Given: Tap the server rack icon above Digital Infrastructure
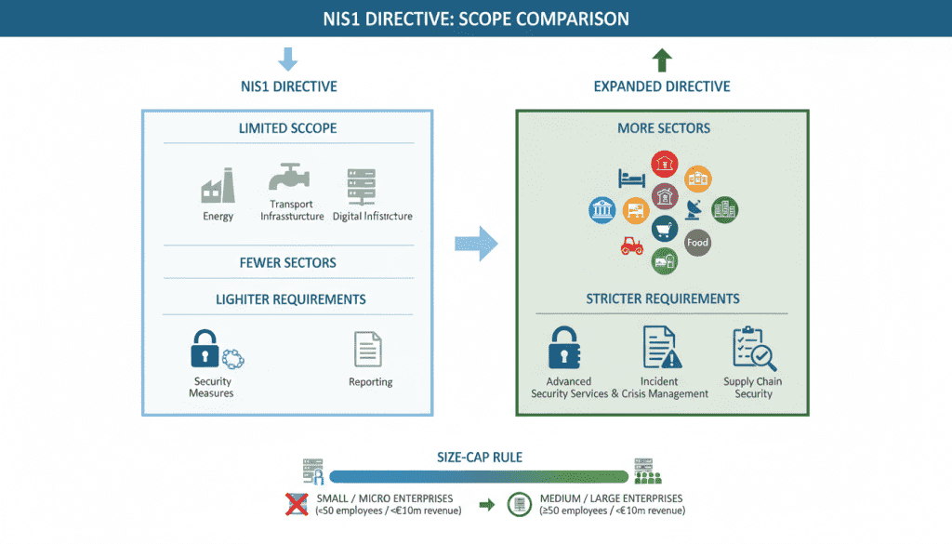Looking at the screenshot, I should tap(358, 187).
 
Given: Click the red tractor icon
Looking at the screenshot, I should tap(632, 246).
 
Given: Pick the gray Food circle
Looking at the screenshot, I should tap(697, 243).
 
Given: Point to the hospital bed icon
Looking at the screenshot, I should tap(632, 178).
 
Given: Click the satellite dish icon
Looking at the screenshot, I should tap(694, 207).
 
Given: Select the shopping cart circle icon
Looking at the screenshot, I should tap(665, 229).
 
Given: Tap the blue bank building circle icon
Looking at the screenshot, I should tap(602, 210).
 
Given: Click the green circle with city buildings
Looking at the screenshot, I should tap(725, 209).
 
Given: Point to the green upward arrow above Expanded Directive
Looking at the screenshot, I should tap(662, 61).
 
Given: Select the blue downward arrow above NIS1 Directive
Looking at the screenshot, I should tap(288, 60).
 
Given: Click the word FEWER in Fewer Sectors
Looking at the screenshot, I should tap(262, 263).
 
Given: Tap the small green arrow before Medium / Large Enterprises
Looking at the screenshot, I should tap(486, 505).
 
